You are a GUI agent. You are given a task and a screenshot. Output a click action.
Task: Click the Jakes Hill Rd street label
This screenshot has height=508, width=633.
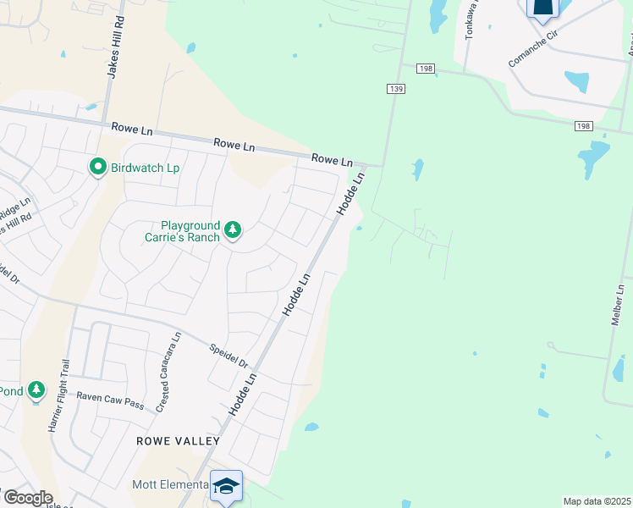click(116, 47)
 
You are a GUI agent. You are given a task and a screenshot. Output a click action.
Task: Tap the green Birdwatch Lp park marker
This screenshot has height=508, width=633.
click(98, 168)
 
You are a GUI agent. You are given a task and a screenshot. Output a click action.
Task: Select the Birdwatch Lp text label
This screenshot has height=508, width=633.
click(146, 168)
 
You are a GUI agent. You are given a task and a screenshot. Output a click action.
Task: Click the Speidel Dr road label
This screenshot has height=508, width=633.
click(229, 354)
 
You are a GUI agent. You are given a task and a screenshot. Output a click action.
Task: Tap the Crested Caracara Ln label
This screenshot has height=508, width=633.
click(168, 372)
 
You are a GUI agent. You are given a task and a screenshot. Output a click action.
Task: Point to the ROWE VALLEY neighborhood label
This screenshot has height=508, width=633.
click(179, 441)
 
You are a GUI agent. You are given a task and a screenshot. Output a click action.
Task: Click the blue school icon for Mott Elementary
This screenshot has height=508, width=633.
click(226, 486)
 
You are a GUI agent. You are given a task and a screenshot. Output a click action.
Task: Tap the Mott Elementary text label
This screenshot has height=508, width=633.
click(169, 484)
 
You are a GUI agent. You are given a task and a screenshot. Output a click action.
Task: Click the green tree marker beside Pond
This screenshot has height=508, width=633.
click(36, 390)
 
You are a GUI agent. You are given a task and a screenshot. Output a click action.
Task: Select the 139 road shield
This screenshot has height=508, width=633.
click(395, 89)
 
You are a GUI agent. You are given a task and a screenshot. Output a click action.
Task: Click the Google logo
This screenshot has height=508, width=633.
click(27, 497)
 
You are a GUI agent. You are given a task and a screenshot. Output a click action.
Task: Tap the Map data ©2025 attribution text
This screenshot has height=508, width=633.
click(597, 501)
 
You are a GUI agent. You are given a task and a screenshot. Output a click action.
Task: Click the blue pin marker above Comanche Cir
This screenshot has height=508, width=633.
click(542, 8)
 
